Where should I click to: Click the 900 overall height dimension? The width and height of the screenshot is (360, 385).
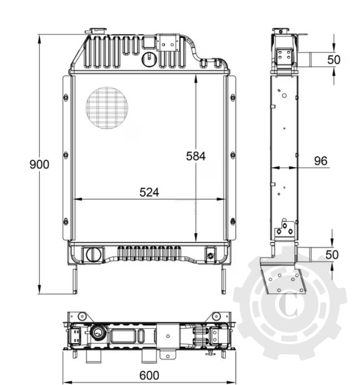(x=39, y=165)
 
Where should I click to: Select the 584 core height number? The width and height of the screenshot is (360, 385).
(x=195, y=156)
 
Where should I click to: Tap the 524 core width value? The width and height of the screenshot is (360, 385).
(x=149, y=192)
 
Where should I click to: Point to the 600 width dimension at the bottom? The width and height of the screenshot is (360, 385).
(x=149, y=375)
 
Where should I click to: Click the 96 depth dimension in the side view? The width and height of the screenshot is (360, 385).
(x=320, y=161)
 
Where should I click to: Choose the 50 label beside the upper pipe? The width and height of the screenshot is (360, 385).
(x=333, y=59)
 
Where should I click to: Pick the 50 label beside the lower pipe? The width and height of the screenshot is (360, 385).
(x=331, y=255)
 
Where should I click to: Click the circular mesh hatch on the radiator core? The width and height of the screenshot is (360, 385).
(x=108, y=108)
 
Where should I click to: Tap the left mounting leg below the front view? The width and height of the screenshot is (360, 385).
(x=75, y=278)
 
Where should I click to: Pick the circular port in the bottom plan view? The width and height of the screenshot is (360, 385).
(x=99, y=334)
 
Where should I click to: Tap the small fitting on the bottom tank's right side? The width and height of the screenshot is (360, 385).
(x=211, y=255)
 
